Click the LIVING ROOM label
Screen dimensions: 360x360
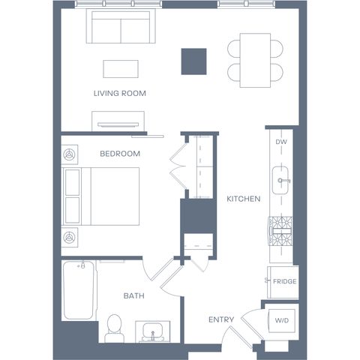click(x=120, y=93)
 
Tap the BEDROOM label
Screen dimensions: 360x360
click(x=120, y=154)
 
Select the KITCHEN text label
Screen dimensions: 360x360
click(x=244, y=199)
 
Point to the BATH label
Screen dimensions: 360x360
click(x=134, y=295)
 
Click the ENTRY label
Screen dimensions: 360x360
click(x=221, y=319)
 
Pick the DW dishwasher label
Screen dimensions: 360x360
click(x=281, y=142)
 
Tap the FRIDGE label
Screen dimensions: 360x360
click(x=285, y=281)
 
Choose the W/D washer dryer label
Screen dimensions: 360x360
click(x=282, y=320)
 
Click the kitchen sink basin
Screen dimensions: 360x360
click(x=280, y=180)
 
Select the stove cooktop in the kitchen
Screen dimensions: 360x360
click(x=280, y=231)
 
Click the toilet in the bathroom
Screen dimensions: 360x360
click(x=114, y=328)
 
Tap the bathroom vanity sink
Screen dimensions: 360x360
click(x=153, y=331)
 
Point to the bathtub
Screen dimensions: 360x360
click(x=79, y=290)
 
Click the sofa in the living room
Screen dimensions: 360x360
click(x=121, y=26)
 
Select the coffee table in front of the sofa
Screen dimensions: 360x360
click(x=121, y=69)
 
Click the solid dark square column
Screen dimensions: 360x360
click(x=194, y=61)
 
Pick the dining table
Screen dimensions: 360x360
click(x=255, y=60)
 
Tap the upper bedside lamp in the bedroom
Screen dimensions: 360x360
click(x=69, y=154)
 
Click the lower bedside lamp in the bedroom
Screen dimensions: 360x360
click(x=69, y=237)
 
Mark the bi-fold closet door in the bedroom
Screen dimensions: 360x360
click(x=178, y=166)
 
